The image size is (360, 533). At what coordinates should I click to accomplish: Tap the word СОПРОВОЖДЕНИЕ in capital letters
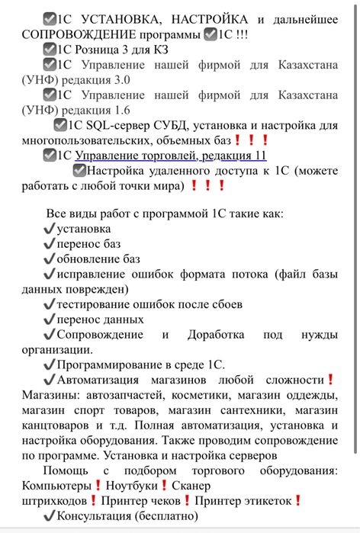coord(69,34)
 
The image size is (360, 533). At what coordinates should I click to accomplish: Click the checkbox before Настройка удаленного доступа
coord(79,171)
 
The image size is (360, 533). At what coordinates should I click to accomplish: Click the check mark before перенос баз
coord(50,244)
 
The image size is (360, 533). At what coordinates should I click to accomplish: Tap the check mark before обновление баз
coord(50,259)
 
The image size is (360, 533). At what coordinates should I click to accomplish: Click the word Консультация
coord(95,515)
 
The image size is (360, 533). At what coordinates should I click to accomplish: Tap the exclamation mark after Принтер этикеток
coord(298,500)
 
